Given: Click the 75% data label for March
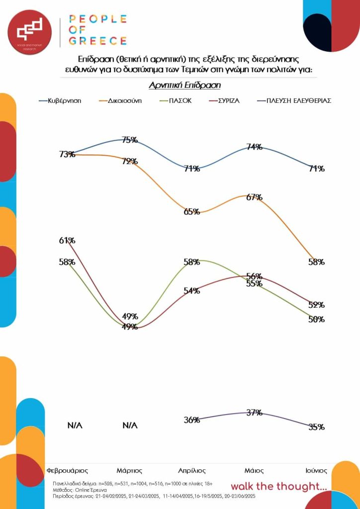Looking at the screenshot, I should [130, 140].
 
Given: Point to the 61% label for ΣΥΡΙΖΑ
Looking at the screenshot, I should [67, 241].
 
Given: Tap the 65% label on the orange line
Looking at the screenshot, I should [191, 211].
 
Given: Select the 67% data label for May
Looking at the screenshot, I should [254, 197].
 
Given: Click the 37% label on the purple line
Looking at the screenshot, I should [254, 413].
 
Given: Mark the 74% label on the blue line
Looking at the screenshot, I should [254, 147].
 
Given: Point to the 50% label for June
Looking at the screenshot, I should [316, 319].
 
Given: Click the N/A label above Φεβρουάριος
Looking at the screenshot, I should [75, 425].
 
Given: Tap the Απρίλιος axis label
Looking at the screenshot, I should [192, 470].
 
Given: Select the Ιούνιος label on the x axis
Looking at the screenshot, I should [316, 470].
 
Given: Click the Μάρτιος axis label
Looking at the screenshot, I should [130, 470].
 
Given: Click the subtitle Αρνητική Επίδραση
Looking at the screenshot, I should [184, 85].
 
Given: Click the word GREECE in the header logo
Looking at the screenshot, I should [97, 40].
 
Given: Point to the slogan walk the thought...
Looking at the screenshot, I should [278, 486].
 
